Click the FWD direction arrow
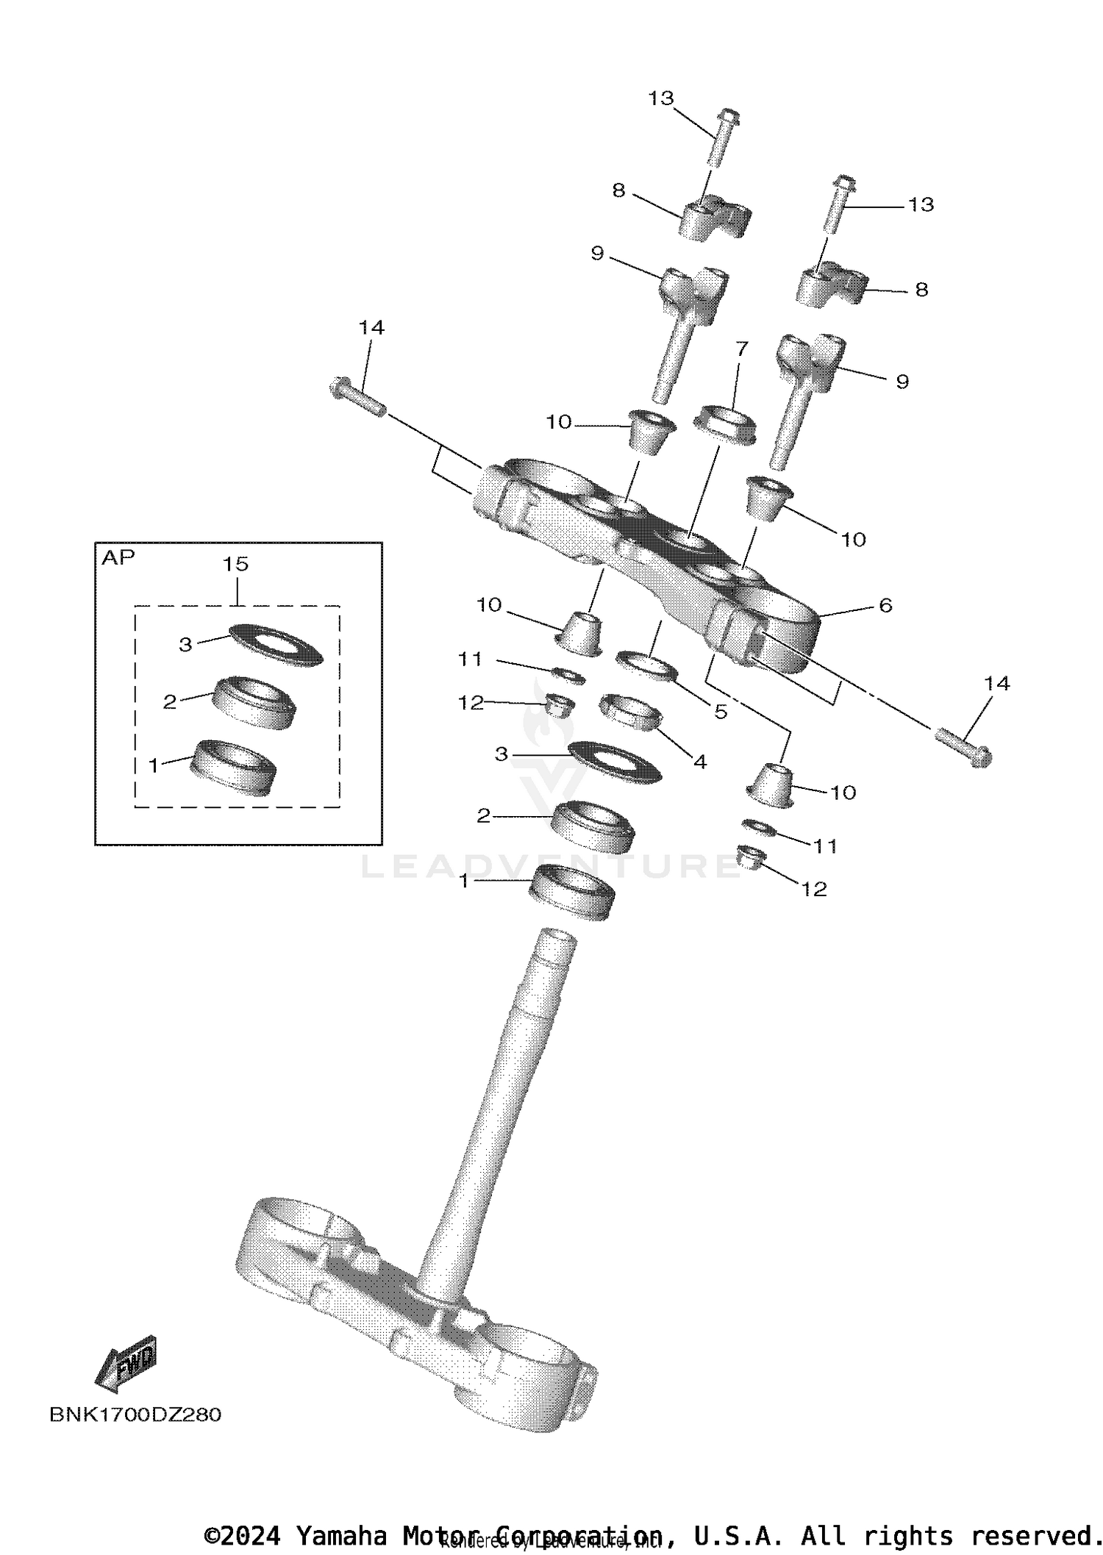(x=126, y=1365)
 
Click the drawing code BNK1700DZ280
(x=135, y=1415)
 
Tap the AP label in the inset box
(x=118, y=558)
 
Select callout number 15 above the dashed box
(x=236, y=565)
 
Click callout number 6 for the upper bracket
(x=885, y=606)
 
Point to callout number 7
(x=741, y=348)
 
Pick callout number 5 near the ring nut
(x=721, y=712)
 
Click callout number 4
(x=700, y=762)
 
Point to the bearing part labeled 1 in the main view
(x=571, y=891)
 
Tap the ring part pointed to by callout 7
(x=725, y=424)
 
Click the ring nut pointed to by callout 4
(x=632, y=712)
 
